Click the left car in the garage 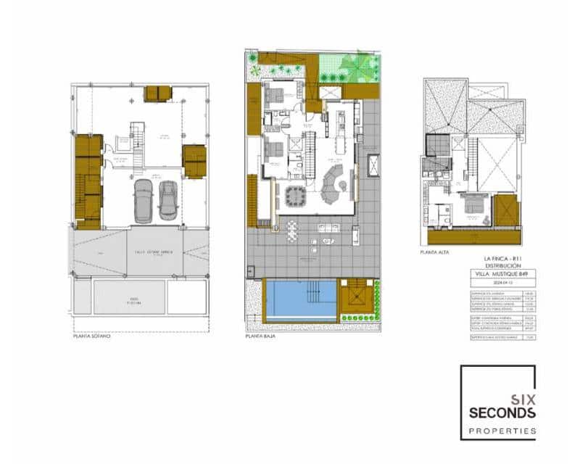144,201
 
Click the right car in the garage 167,200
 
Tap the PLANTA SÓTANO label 92,337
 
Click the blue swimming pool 300,299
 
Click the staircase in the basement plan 136,138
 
